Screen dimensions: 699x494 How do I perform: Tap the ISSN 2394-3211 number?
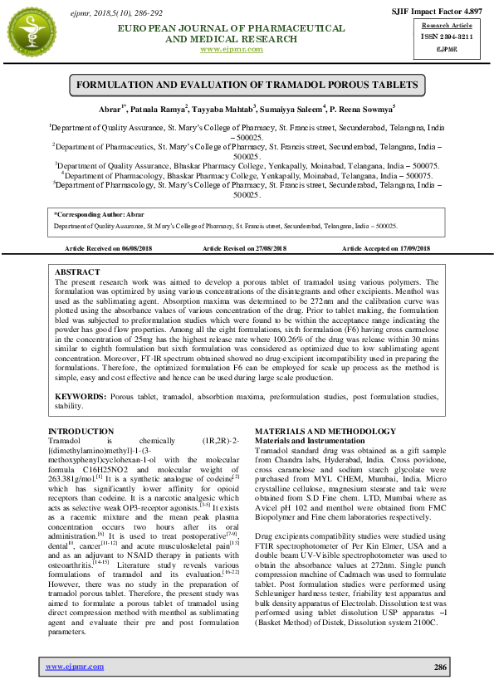coord(445,38)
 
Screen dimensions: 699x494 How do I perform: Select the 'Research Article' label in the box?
coord(445,26)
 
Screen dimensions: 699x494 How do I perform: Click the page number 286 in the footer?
coord(440,667)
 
